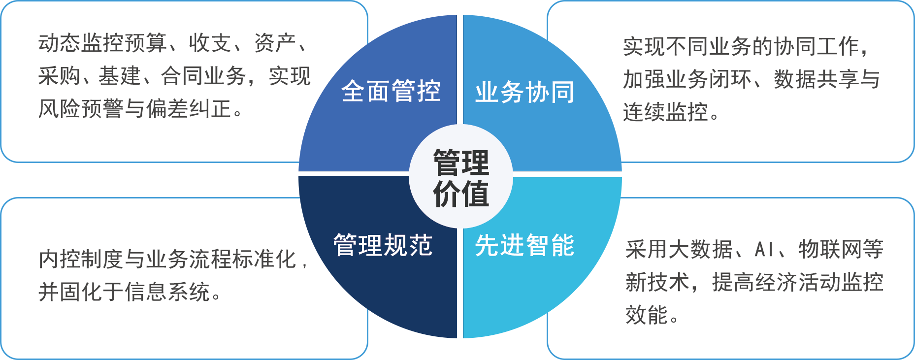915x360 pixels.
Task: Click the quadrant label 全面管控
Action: (391, 91)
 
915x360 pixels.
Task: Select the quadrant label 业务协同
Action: (524, 92)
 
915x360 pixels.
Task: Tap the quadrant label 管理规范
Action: (383, 245)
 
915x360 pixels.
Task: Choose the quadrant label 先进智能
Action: (524, 245)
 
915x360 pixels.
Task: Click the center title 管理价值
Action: (461, 178)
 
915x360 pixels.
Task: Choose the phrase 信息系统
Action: (167, 292)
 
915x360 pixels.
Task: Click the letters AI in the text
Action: (764, 250)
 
